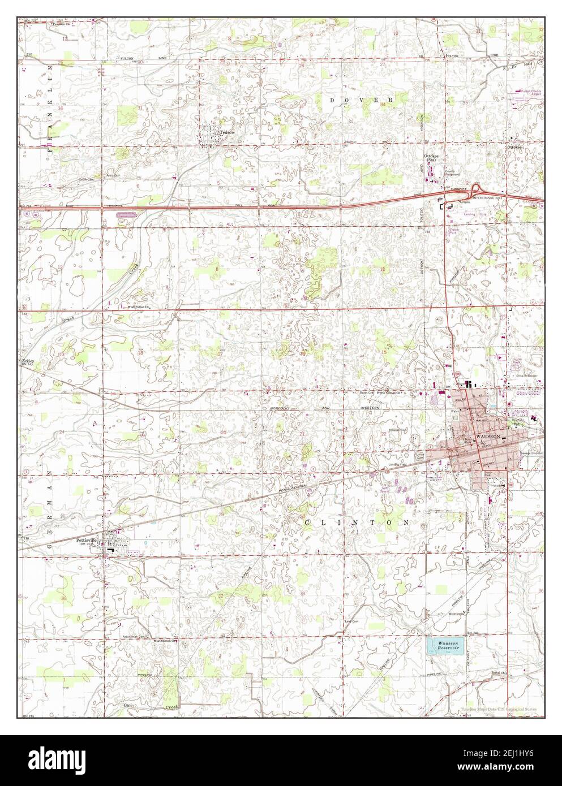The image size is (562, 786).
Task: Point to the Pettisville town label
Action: click(87, 540)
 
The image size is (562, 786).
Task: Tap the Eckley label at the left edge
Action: click(28, 360)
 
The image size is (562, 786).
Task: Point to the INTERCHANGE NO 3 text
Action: click(488, 198)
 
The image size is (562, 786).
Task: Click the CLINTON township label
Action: click(357, 522)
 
